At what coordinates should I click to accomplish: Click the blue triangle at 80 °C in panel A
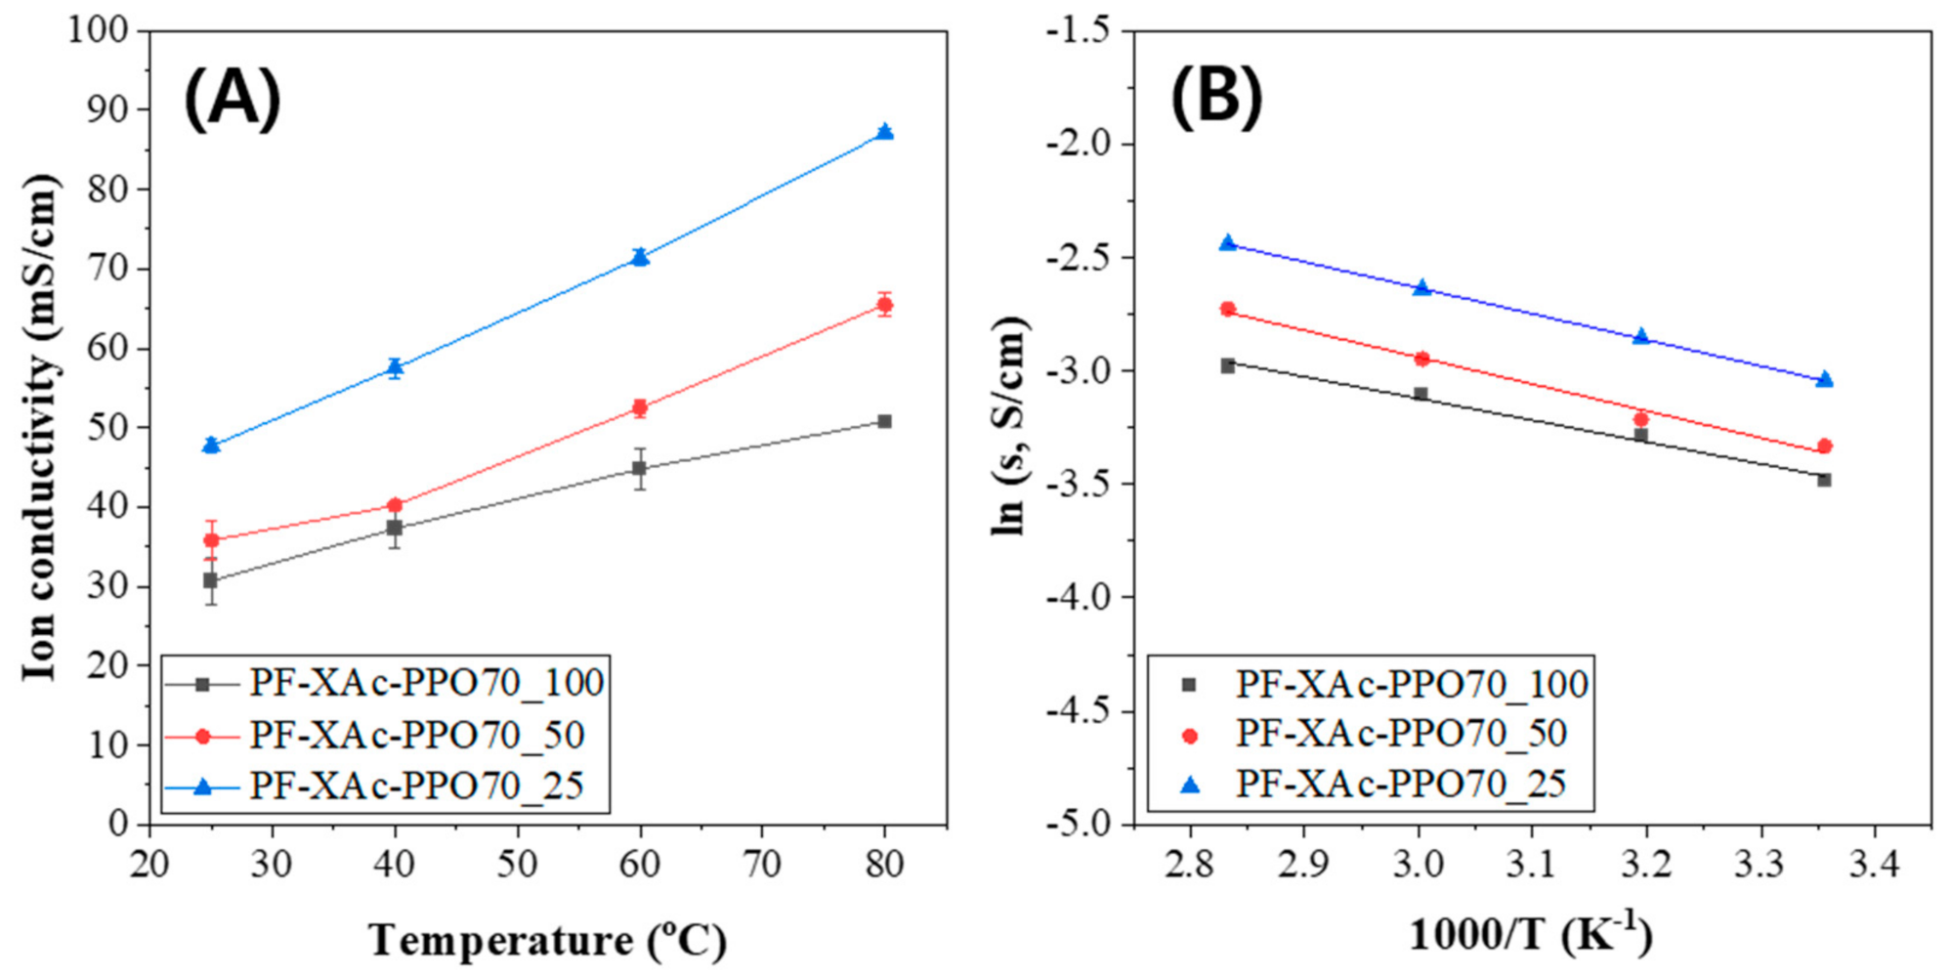coord(884,132)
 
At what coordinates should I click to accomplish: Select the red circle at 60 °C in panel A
coord(640,407)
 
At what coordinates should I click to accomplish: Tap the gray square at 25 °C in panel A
coord(210,580)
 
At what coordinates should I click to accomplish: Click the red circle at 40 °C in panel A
coord(395,505)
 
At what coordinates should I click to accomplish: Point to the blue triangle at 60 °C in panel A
coord(640,257)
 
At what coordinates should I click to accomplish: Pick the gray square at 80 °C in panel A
coord(884,421)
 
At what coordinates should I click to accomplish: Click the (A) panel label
coord(233,100)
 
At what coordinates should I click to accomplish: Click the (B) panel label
coord(1216,98)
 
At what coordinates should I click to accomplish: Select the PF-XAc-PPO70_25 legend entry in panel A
coord(416,786)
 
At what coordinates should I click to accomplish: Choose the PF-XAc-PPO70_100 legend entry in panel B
coord(1411,684)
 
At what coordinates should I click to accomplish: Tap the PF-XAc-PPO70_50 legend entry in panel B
coord(1401,734)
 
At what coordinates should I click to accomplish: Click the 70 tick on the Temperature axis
coord(761,865)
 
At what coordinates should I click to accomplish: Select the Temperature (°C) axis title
coord(547,941)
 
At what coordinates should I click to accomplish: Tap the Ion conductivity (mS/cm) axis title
coord(41,427)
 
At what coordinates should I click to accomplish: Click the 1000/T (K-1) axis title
coord(1530,935)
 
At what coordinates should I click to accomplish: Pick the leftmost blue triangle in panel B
coord(1228,242)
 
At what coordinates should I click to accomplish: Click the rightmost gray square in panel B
coord(1824,480)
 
